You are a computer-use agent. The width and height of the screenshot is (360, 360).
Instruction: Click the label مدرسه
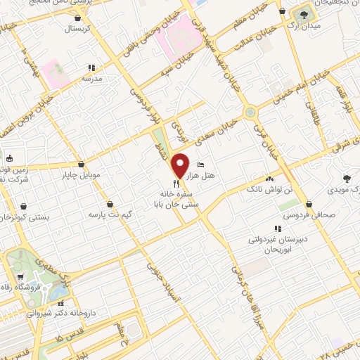tap(91, 79)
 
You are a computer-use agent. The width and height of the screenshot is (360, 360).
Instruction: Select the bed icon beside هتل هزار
tap(202, 164)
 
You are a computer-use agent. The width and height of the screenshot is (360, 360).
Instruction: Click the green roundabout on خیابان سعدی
tap(250, 112)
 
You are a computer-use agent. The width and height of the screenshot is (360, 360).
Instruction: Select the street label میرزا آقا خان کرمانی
tap(241, 275)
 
